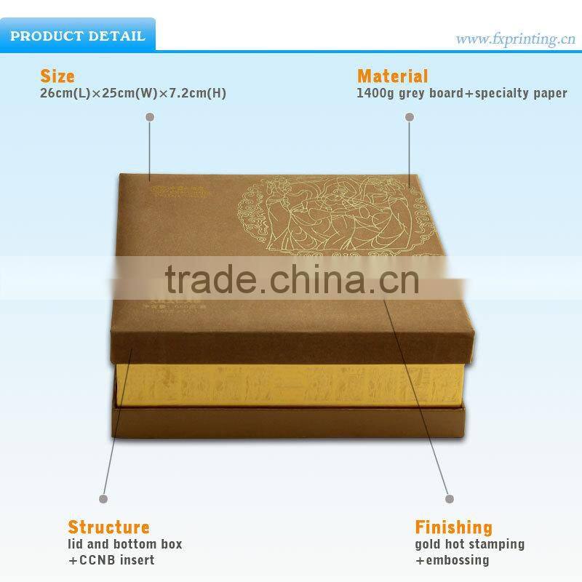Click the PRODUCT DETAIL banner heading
78,36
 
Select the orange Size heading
57,76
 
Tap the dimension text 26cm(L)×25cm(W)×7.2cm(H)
132,94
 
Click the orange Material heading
392,76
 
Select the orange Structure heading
108,527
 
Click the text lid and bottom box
125,544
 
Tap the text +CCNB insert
111,560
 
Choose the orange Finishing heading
453,527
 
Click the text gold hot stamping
469,544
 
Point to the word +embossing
452,560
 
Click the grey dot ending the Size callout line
150,116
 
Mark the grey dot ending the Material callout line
409,116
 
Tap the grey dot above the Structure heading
103,499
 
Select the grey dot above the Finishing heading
450,499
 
